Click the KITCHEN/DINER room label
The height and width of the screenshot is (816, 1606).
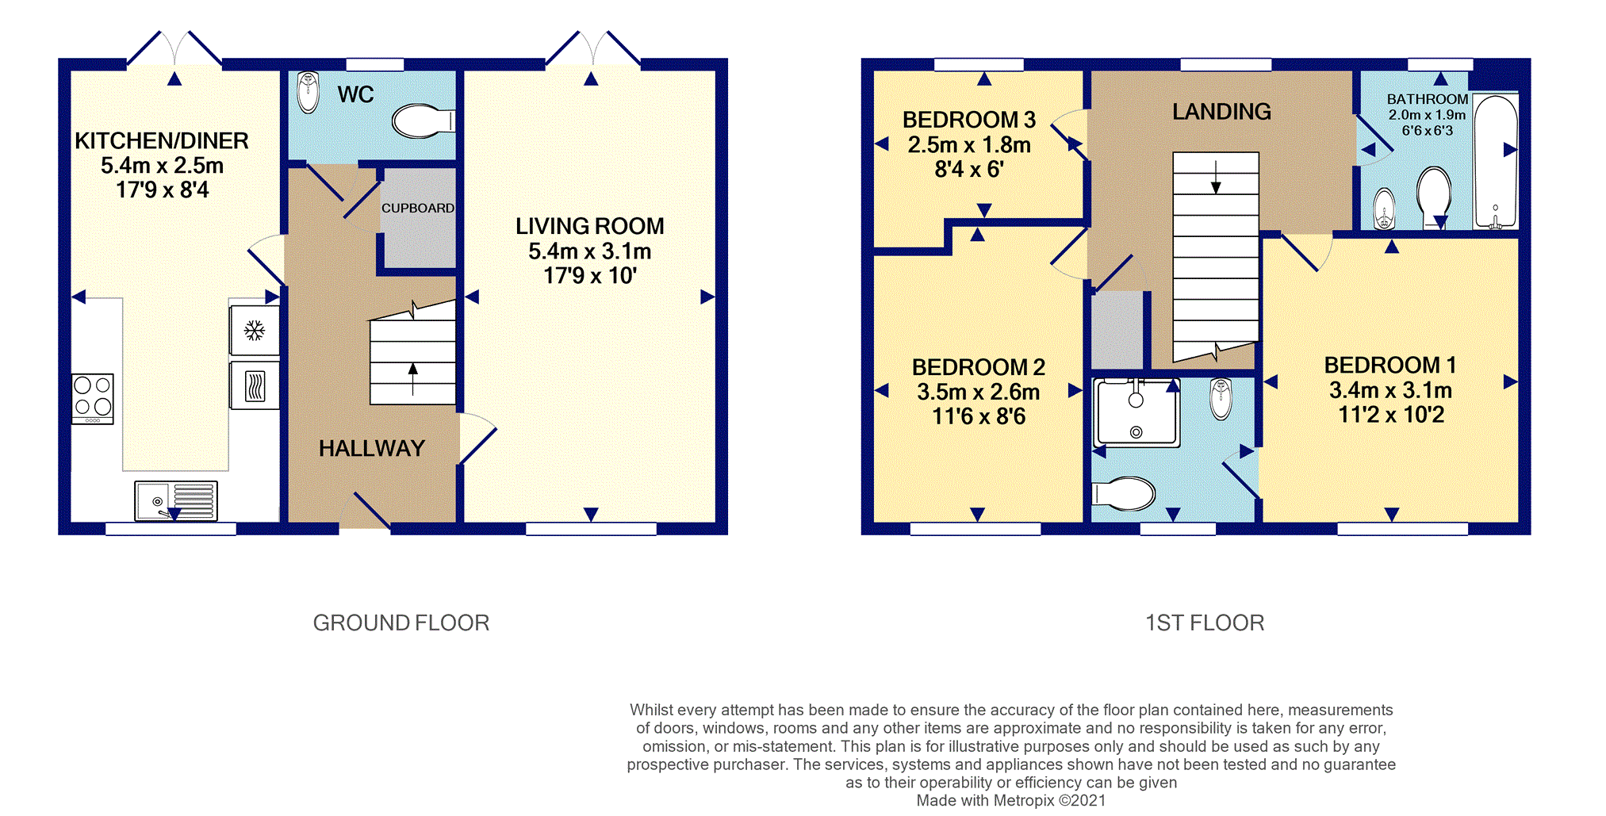(162, 140)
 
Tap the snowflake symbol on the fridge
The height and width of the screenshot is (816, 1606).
(254, 330)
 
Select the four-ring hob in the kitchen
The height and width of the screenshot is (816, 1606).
(93, 399)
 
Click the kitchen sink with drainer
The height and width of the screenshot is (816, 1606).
(176, 500)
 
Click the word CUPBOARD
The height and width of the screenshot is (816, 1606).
(418, 208)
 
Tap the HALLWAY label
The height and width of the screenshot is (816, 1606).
(372, 449)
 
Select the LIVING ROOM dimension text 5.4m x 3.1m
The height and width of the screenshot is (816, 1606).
(590, 251)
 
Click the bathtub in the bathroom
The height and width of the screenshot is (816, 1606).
(1496, 161)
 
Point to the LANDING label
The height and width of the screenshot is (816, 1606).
(1221, 112)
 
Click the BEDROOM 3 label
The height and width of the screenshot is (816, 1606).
(969, 120)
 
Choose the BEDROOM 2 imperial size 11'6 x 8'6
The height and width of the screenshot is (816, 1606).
(979, 416)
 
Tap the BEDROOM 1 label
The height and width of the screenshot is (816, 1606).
(1390, 365)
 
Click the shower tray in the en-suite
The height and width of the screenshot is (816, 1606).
(1137, 412)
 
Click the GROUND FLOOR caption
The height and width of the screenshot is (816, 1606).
(401, 623)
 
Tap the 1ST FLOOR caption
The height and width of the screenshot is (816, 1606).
(1205, 623)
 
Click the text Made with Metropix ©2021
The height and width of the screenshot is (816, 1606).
(1011, 800)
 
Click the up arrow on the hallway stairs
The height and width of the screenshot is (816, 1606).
(412, 378)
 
